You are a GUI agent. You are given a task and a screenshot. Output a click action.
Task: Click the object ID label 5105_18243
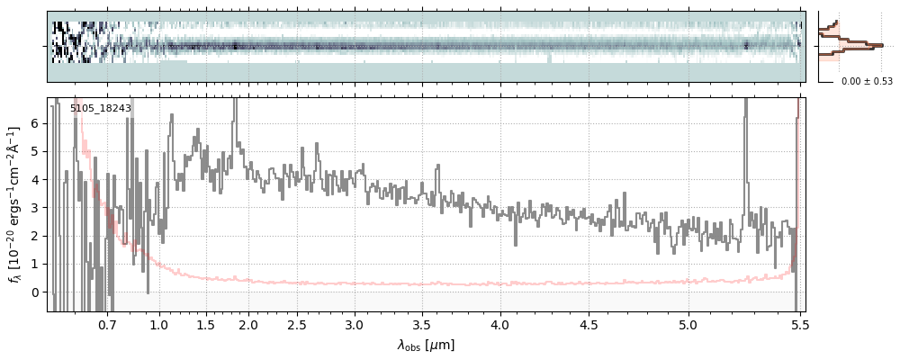coord(101,108)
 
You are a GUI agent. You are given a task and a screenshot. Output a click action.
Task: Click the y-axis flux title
coord(15,204)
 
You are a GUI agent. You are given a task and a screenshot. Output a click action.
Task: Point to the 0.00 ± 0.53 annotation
coord(867,81)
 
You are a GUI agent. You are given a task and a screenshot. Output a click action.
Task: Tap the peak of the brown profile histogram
coord(879,45)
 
